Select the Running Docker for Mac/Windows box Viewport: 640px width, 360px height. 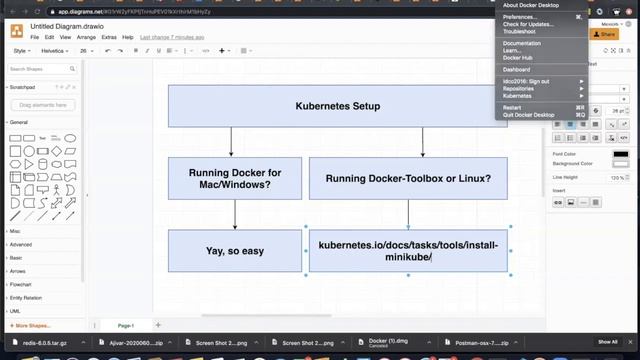click(x=235, y=178)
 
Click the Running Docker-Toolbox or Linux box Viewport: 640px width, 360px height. click(x=408, y=178)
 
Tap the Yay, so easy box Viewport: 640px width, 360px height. click(x=235, y=251)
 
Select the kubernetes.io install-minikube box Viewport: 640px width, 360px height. click(x=408, y=251)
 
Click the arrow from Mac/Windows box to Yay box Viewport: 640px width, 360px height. click(x=235, y=215)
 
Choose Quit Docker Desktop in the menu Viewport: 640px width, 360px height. click(x=529, y=115)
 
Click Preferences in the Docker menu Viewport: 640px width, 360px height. click(x=519, y=17)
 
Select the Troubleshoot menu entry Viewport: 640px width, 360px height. click(x=520, y=31)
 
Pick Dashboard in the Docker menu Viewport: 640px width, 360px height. click(x=517, y=69)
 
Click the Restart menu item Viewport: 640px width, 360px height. click(x=512, y=107)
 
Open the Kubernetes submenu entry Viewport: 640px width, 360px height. click(x=518, y=95)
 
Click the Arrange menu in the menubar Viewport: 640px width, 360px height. click(x=86, y=37)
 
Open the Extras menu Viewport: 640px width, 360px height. click(x=109, y=37)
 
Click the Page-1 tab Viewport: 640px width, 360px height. click(x=126, y=325)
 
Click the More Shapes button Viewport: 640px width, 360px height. click(x=32, y=325)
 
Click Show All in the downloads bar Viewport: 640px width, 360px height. click(x=608, y=343)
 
